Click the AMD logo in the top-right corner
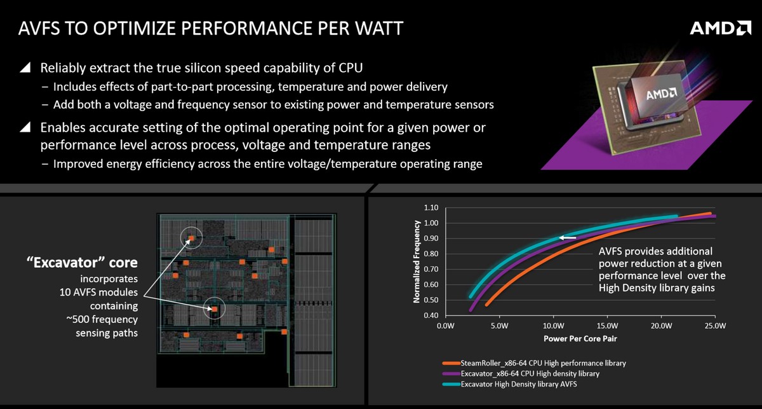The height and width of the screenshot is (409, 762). click(720, 28)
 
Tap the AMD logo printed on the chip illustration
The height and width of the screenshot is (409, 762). click(661, 93)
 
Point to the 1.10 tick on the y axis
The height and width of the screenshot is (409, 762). click(431, 207)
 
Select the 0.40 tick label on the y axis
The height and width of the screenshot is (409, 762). click(431, 315)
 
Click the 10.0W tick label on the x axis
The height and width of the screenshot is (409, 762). click(553, 326)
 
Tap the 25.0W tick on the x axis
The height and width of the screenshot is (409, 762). click(715, 326)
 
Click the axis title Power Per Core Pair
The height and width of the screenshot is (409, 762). click(580, 338)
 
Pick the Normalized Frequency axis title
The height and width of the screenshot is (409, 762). click(417, 261)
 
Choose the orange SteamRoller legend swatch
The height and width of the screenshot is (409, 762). click(451, 363)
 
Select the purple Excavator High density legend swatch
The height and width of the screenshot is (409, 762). click(451, 374)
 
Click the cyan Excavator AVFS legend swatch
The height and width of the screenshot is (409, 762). click(451, 384)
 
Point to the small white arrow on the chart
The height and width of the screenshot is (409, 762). click(568, 237)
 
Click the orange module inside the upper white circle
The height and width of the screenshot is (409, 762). click(192, 238)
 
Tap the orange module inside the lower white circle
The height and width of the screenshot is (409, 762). click(215, 309)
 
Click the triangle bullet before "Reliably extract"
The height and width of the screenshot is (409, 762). click(25, 67)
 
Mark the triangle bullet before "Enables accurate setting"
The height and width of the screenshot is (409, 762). click(25, 127)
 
